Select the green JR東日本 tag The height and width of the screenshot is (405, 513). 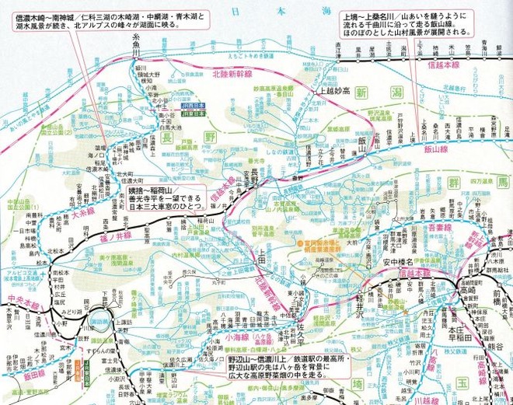[195, 113]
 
